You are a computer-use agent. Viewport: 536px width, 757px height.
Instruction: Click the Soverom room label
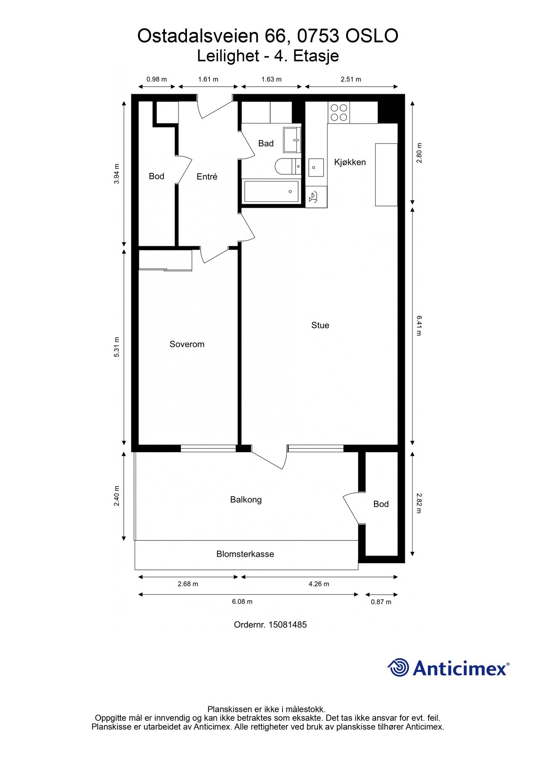[187, 344]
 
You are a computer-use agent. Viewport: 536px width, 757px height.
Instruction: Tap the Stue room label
[320, 325]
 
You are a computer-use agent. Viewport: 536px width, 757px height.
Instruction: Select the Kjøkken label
[350, 162]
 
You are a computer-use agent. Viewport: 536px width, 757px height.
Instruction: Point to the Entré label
[207, 177]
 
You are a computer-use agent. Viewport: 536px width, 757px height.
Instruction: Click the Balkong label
[246, 500]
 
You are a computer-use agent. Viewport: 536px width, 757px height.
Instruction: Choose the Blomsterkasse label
[245, 554]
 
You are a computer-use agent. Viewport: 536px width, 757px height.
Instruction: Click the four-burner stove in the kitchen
[339, 112]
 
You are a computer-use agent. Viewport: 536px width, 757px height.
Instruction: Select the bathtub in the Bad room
[272, 192]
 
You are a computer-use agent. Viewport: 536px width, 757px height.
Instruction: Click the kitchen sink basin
[316, 167]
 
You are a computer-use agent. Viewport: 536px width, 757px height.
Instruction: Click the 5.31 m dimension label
[117, 347]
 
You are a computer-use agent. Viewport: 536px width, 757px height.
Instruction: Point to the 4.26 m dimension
[319, 584]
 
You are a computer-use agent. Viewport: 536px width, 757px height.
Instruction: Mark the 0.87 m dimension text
[381, 602]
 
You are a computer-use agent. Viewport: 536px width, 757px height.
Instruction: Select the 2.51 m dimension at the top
[351, 79]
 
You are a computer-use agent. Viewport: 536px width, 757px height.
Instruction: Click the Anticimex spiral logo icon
[398, 667]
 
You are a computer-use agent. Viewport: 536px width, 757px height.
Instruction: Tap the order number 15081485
[288, 625]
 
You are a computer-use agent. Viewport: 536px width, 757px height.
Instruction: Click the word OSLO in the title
[372, 36]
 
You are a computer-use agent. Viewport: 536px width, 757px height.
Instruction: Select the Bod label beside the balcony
[381, 504]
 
